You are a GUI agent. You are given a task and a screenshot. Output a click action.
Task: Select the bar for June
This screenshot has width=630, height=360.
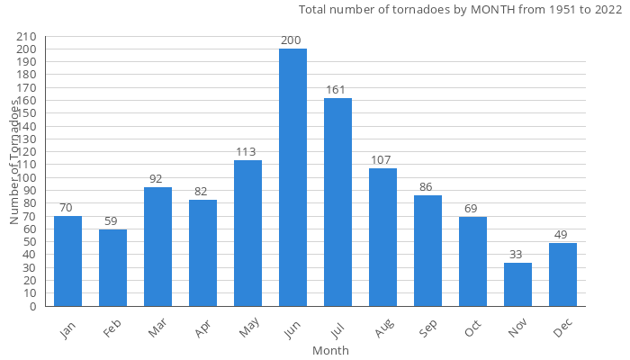(x=292, y=177)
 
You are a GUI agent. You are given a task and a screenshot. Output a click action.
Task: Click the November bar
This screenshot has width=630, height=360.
(x=517, y=284)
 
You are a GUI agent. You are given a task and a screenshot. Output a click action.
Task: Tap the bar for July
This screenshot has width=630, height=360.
(x=337, y=202)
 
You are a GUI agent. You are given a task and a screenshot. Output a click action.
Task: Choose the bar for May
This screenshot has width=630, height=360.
(x=247, y=233)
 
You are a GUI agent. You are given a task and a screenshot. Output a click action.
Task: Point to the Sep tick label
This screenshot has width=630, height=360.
(x=427, y=329)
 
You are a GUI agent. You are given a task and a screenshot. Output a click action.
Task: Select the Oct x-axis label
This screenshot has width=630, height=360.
(x=472, y=329)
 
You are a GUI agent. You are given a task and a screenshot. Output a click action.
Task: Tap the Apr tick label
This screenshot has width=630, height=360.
(x=202, y=329)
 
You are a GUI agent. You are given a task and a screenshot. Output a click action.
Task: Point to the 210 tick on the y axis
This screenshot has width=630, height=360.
(x=26, y=36)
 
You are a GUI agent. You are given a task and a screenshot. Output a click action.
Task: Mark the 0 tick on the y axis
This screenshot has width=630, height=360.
(x=31, y=306)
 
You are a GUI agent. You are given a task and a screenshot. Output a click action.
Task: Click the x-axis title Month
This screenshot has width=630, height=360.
(x=330, y=350)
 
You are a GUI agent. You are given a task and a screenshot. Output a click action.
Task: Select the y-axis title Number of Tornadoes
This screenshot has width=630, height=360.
(x=15, y=162)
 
